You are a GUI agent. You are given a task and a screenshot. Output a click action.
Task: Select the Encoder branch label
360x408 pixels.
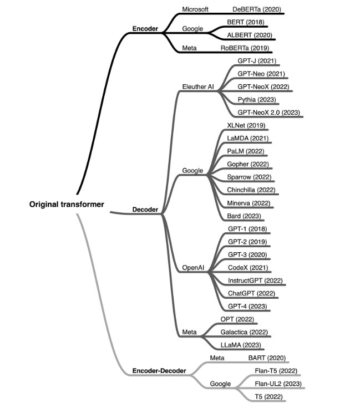click(x=146, y=28)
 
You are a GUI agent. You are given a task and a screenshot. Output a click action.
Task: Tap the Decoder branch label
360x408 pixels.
click(x=145, y=210)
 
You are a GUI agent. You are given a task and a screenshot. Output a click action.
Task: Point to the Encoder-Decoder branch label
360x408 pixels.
click(x=159, y=370)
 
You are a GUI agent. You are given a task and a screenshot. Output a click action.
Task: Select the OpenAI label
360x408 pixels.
click(x=194, y=268)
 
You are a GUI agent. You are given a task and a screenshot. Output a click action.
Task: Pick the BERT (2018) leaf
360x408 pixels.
click(x=246, y=22)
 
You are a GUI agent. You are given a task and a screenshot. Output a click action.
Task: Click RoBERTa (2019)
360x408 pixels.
click(x=245, y=48)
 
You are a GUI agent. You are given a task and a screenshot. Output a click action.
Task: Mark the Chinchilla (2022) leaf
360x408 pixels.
click(x=251, y=190)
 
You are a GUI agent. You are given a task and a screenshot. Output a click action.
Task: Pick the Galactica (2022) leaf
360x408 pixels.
click(x=244, y=332)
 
